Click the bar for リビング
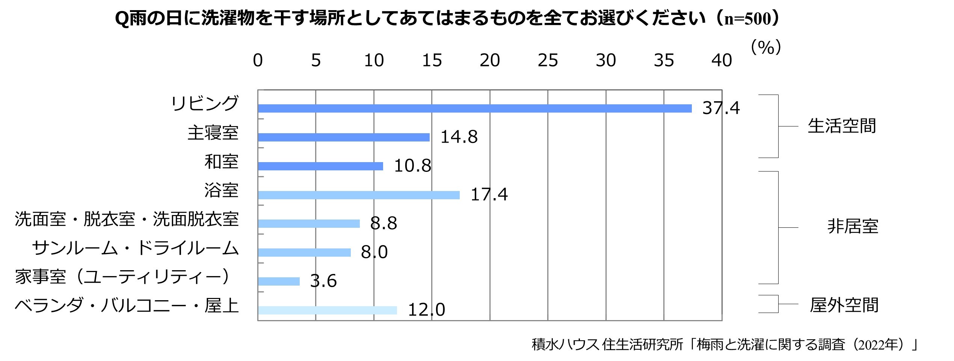coord(475,108)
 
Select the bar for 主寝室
coord(344,137)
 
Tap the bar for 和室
coord(320,166)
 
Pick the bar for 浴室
coord(359,195)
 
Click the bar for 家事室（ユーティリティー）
coord(279,281)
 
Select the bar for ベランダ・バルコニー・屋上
coord(327,310)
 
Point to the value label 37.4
coord(721,108)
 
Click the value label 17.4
coord(489,194)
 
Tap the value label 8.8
coord(383,223)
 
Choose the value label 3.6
coord(323,281)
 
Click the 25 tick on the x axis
coord(548,60)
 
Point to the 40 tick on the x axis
coord(722,60)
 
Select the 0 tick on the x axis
coord(258,60)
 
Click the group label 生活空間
coord(842,126)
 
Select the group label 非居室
coord(853,227)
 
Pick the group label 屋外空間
coord(844,305)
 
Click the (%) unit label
coord(766,48)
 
